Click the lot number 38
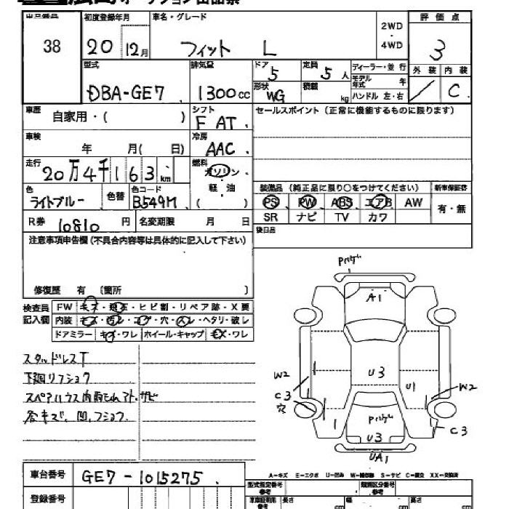pos(52,47)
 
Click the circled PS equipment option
pos(271,202)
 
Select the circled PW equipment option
pos(308,202)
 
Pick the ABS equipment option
pos(342,202)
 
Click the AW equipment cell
pos(413,202)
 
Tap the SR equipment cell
pos(271,217)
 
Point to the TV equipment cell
pos(342,217)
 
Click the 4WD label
pos(391,44)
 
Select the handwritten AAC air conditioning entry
pos(220,148)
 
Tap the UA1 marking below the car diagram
pos(377,457)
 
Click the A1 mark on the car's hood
pos(375,297)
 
